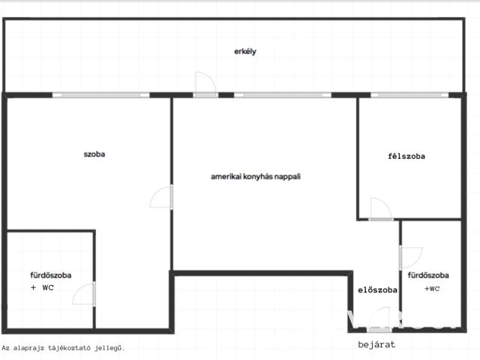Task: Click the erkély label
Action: (245, 52)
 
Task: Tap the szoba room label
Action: (94, 154)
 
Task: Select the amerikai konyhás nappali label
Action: (256, 176)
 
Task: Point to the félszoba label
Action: (406, 156)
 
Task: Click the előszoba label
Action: (377, 289)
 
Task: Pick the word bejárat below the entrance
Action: (376, 344)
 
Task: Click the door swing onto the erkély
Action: (205, 82)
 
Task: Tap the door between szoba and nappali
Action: (161, 197)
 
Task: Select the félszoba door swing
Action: (380, 208)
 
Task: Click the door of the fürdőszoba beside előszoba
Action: (411, 258)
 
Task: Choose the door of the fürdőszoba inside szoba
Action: (83, 293)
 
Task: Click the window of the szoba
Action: (101, 95)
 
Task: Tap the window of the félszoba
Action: (409, 95)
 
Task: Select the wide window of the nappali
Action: (283, 95)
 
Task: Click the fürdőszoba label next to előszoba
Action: (428, 275)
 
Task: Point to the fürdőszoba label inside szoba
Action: (51, 275)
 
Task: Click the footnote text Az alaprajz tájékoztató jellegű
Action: (63, 348)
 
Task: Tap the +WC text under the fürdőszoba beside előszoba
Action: (432, 288)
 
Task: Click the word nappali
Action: (287, 177)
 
